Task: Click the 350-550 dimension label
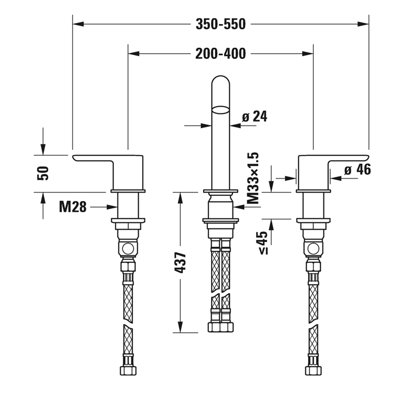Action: (221, 24)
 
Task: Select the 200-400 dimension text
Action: (221, 54)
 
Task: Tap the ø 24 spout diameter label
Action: (254, 117)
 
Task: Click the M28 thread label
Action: (73, 207)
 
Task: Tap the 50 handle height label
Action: (44, 172)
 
